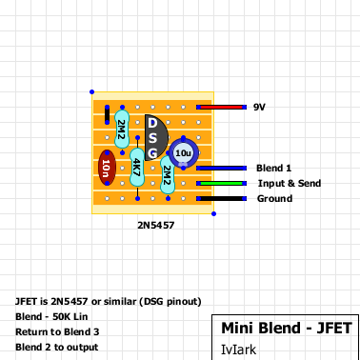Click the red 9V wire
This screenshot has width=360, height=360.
(221, 108)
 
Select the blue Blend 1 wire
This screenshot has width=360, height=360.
(221, 168)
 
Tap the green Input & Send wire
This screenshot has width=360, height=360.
(221, 183)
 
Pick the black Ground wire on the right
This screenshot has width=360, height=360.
(221, 198)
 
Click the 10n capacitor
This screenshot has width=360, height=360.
(107, 168)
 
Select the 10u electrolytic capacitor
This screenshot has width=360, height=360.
(184, 153)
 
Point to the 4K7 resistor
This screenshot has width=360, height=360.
(137, 168)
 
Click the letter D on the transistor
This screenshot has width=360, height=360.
(152, 123)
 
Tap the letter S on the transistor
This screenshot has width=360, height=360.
(152, 138)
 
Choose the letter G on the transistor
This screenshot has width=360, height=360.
(152, 153)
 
